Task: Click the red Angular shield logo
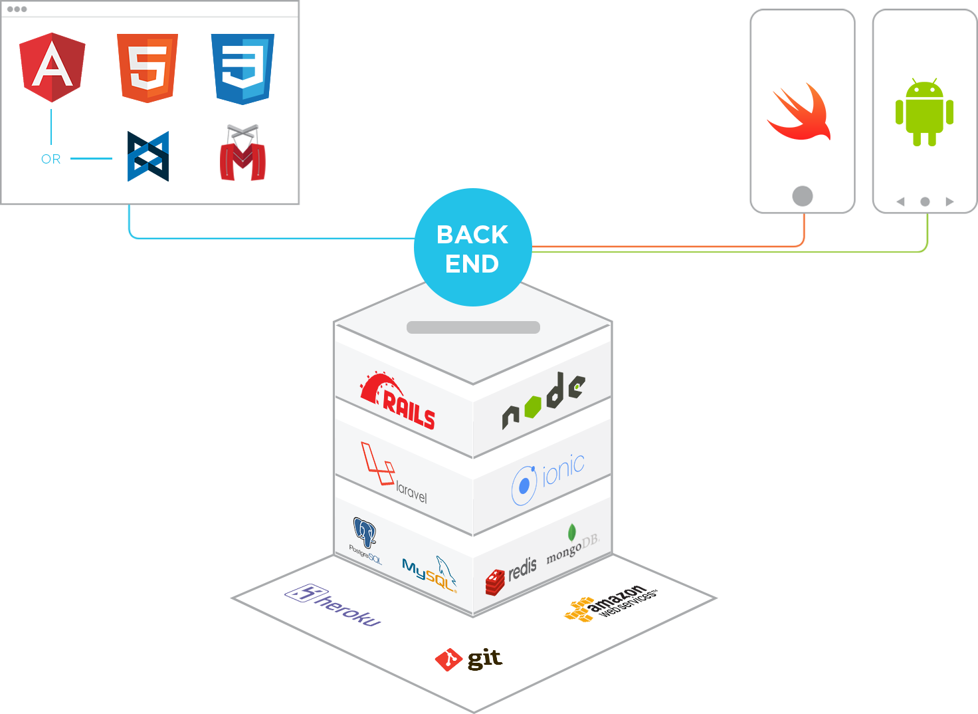[x=52, y=67]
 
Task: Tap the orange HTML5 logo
[x=147, y=68]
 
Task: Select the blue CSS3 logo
[x=243, y=68]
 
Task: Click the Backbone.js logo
[x=148, y=157]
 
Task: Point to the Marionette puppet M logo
[x=243, y=154]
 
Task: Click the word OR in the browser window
[x=51, y=160]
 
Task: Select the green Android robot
[x=924, y=112]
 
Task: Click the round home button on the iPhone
[x=803, y=195]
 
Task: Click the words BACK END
[x=472, y=249]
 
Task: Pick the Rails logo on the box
[x=399, y=401]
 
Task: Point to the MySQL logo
[x=430, y=572]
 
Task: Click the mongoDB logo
[x=572, y=546]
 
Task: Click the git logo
[x=469, y=659]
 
